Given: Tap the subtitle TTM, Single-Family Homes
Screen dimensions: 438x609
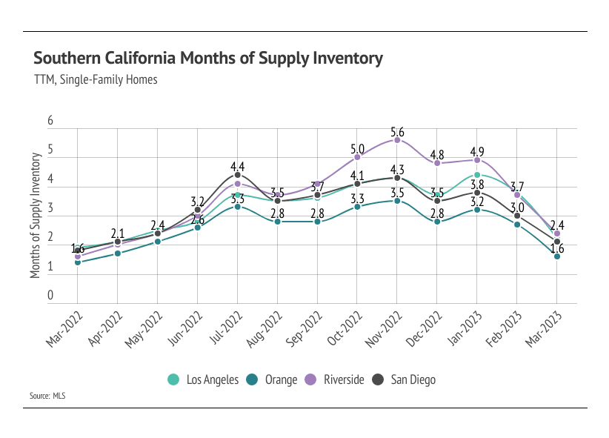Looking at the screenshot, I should click(x=96, y=79).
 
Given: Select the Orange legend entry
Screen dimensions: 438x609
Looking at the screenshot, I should click(x=273, y=379).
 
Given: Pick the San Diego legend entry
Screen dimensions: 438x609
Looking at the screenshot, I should click(x=403, y=379).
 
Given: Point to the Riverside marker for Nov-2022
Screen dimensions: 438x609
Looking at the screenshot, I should click(x=397, y=140).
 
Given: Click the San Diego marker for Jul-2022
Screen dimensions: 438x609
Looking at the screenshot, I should click(x=237, y=175).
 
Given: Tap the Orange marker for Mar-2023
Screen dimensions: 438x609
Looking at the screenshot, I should click(x=556, y=256).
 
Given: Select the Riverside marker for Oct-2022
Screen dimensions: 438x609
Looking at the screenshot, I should click(x=357, y=157).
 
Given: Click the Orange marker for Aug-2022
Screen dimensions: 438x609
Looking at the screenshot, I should click(x=277, y=222).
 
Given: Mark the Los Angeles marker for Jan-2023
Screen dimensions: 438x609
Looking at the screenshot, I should click(x=476, y=175).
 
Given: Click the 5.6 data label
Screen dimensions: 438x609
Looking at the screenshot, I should click(x=397, y=130).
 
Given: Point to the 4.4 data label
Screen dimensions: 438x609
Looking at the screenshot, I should click(x=237, y=165).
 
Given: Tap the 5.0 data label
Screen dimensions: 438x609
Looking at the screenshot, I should click(x=357, y=147).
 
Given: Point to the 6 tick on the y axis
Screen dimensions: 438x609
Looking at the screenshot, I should click(x=50, y=121).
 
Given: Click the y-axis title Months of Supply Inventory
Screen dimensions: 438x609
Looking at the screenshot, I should click(x=35, y=215).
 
